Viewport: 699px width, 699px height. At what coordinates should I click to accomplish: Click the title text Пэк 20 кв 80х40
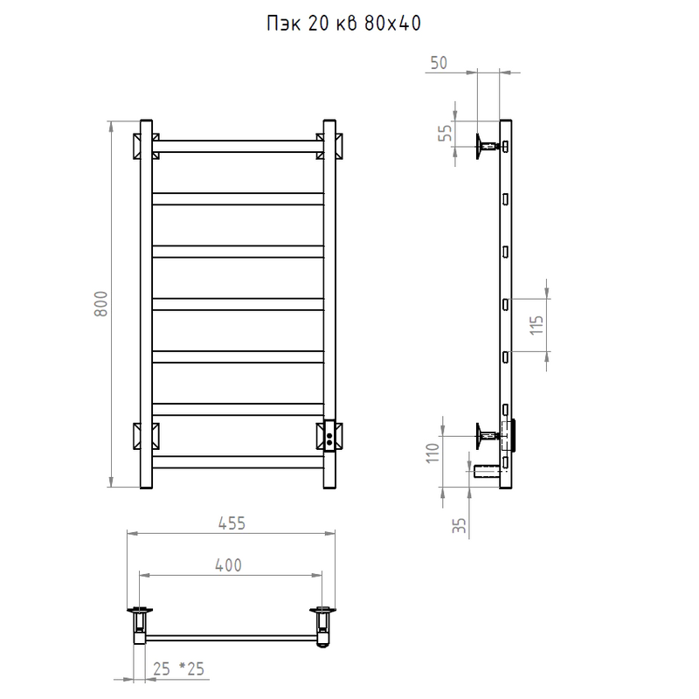[343, 24]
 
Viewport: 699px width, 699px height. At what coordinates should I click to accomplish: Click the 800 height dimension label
[101, 303]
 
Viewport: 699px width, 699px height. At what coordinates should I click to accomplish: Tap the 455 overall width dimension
[232, 523]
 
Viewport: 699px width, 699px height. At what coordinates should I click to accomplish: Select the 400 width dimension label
[228, 565]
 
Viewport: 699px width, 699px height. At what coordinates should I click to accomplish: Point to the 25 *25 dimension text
[178, 668]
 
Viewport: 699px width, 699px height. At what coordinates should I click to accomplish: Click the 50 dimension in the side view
[439, 63]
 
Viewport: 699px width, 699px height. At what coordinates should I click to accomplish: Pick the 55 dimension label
[445, 133]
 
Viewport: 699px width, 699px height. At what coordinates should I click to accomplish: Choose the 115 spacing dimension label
[536, 325]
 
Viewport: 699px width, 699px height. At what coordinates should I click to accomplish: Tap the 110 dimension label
[433, 453]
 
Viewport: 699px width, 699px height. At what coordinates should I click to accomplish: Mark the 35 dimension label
[460, 525]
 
